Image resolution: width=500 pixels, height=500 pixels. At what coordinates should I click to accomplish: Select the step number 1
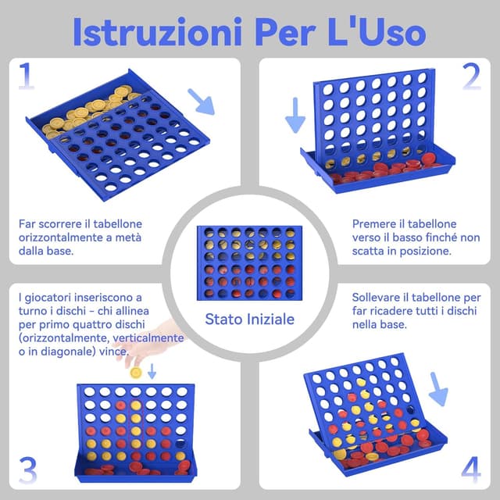click(27, 77)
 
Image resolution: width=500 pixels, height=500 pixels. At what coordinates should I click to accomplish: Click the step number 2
click(471, 77)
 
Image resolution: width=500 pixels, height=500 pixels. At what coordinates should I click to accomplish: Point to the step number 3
click(27, 471)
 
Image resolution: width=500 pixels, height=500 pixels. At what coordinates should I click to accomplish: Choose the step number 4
click(471, 471)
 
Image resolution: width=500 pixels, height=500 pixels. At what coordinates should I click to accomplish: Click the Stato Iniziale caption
click(249, 319)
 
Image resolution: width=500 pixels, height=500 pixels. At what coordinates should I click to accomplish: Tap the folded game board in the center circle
click(249, 262)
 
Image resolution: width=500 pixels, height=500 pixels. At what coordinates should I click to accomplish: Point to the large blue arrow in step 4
click(439, 388)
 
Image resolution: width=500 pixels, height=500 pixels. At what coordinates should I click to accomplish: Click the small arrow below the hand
click(152, 373)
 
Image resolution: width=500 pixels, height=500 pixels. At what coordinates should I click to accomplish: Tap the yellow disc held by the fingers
click(136, 373)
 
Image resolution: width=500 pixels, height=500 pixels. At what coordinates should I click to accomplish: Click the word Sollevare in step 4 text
click(382, 298)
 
